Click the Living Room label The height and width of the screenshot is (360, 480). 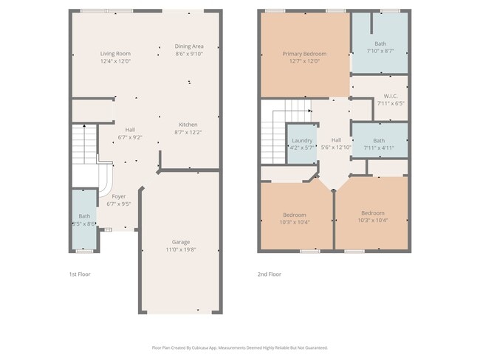[x=115, y=53]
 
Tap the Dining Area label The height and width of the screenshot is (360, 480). [x=189, y=46]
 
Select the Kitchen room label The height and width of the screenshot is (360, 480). [x=189, y=124]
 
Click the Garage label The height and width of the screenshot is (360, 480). [x=181, y=242]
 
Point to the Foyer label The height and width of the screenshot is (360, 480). [x=118, y=196]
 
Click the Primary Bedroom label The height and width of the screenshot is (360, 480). [x=304, y=53]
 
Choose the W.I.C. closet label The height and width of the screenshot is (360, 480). [x=391, y=97]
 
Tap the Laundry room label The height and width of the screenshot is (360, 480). [x=301, y=140]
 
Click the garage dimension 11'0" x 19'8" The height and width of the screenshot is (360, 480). [x=181, y=250]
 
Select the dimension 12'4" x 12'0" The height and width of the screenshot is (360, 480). [x=115, y=61]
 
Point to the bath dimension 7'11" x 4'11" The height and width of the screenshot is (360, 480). [x=379, y=148]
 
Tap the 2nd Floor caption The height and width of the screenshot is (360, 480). [x=269, y=274]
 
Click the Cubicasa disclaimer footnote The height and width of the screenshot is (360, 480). [x=239, y=347]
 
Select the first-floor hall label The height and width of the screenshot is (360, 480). [x=130, y=129]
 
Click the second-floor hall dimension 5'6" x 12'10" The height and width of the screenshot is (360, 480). [x=336, y=148]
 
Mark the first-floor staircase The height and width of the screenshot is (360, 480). [x=83, y=143]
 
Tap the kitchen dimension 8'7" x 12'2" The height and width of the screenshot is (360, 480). [x=189, y=132]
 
